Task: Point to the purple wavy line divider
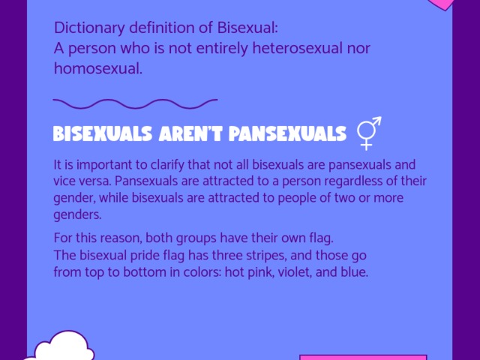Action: coord(135,101)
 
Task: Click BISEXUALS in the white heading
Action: coord(99,134)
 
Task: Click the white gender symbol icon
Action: coord(369,133)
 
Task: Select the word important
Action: coord(92,164)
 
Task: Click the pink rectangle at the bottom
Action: coord(363,357)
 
